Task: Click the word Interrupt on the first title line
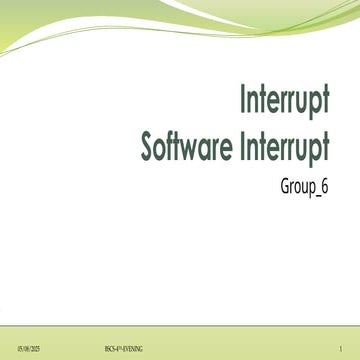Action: point(285,102)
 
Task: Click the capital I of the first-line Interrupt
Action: point(244,102)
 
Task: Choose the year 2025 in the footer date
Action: point(33,347)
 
